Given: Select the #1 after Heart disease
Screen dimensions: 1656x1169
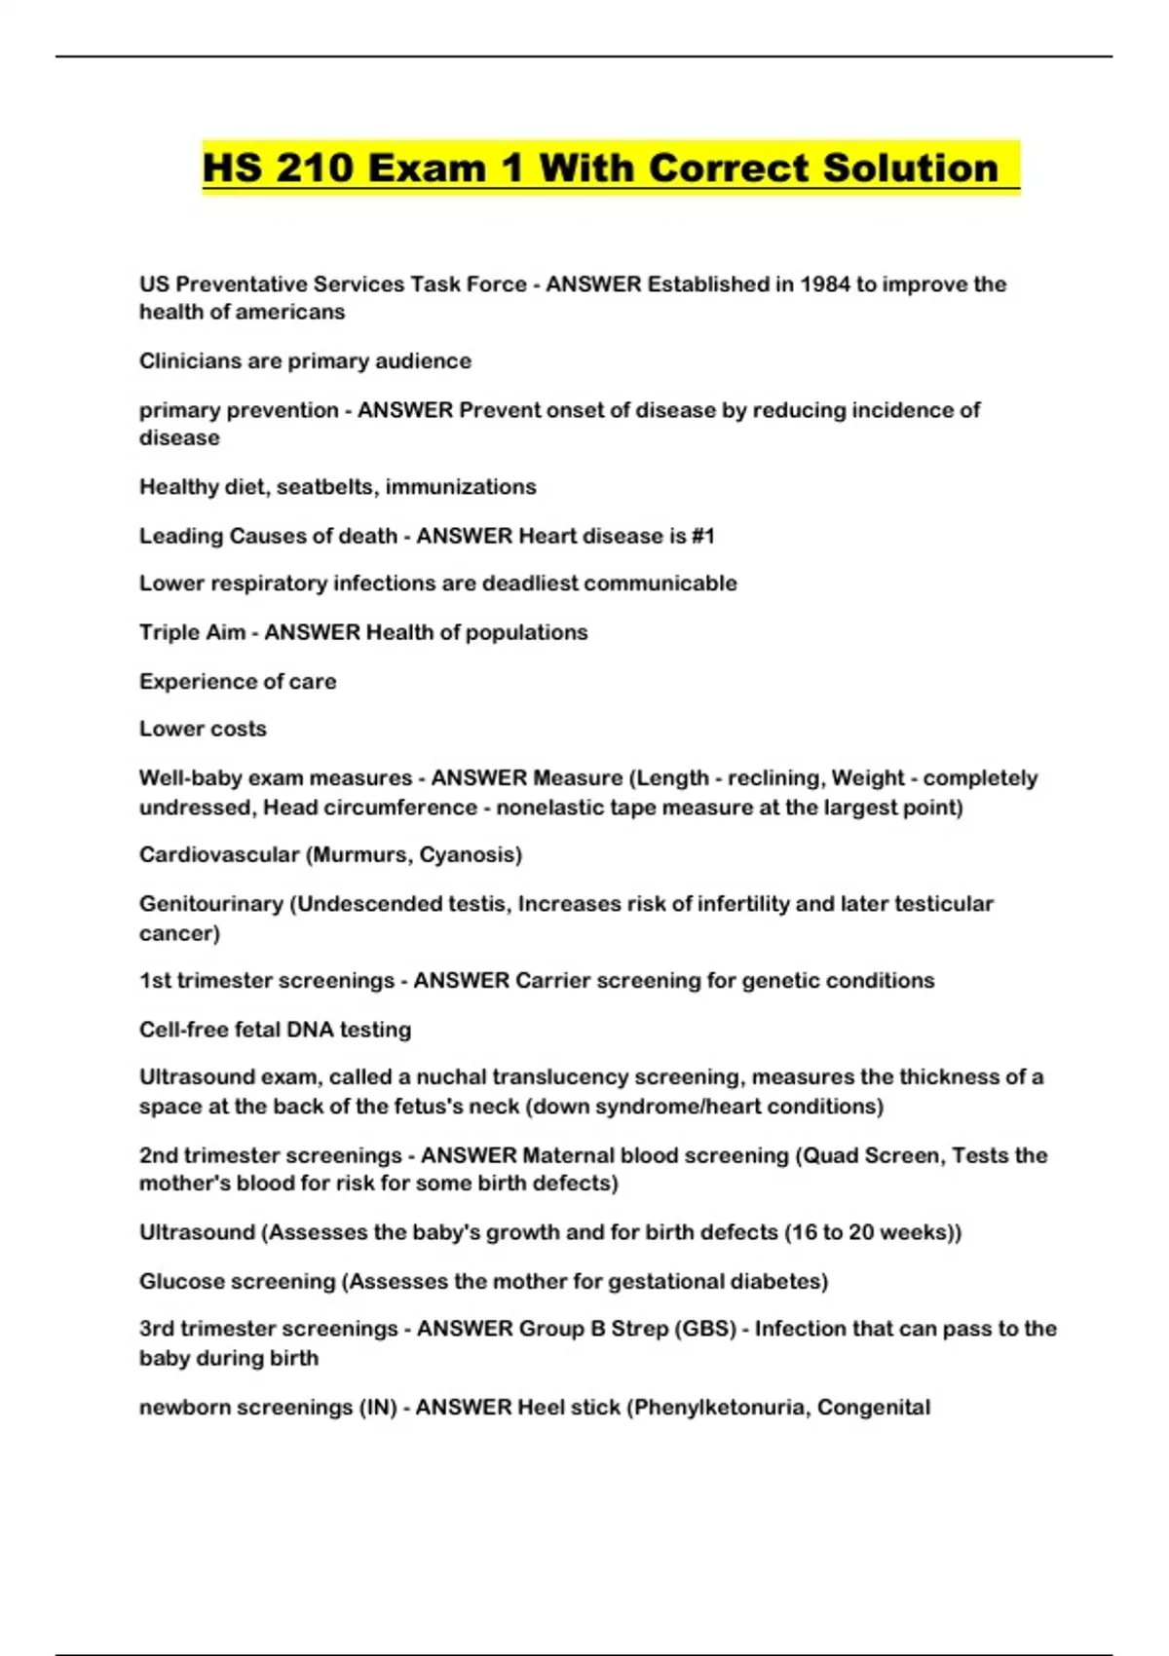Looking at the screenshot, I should [x=702, y=536].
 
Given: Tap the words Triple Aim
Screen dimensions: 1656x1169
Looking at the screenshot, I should [x=192, y=632].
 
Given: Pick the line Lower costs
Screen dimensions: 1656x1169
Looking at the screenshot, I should [x=203, y=729].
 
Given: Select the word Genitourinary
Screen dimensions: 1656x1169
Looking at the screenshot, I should [x=210, y=904].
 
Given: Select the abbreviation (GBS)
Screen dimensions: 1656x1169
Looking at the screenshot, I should [x=705, y=1329].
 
